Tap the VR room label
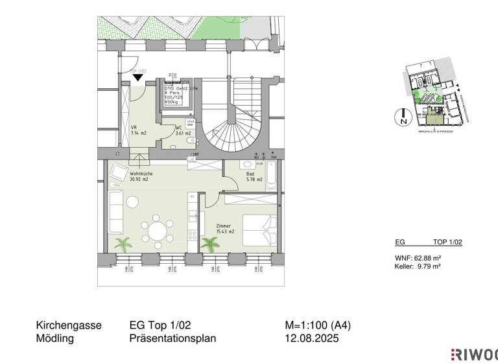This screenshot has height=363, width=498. (134, 128)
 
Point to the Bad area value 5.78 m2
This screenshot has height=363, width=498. (254, 180)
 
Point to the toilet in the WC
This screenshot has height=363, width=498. (187, 141)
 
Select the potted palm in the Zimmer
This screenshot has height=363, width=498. (209, 244)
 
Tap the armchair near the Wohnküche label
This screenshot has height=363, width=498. (117, 172)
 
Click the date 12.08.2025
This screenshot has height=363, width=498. (312, 338)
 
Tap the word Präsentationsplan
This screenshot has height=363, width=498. (172, 338)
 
